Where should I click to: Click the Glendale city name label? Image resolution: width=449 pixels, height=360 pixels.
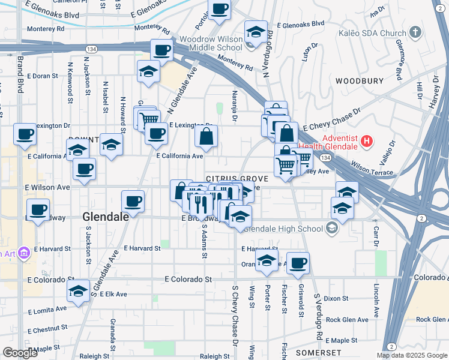(x=105, y=217)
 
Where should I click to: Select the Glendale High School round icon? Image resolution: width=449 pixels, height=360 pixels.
(x=332, y=228)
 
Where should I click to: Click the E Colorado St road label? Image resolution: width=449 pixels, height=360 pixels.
(x=189, y=279)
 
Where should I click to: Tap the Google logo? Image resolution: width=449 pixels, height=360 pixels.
(x=20, y=353)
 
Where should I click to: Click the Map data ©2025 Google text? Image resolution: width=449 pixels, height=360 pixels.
(x=412, y=355)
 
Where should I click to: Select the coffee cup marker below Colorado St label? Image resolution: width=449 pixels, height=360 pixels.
(x=298, y=263)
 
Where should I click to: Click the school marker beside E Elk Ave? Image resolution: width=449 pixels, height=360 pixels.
(x=78, y=292)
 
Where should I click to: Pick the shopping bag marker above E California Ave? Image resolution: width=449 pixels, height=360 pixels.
(x=206, y=137)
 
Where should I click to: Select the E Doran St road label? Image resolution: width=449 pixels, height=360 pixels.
(x=38, y=76)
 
